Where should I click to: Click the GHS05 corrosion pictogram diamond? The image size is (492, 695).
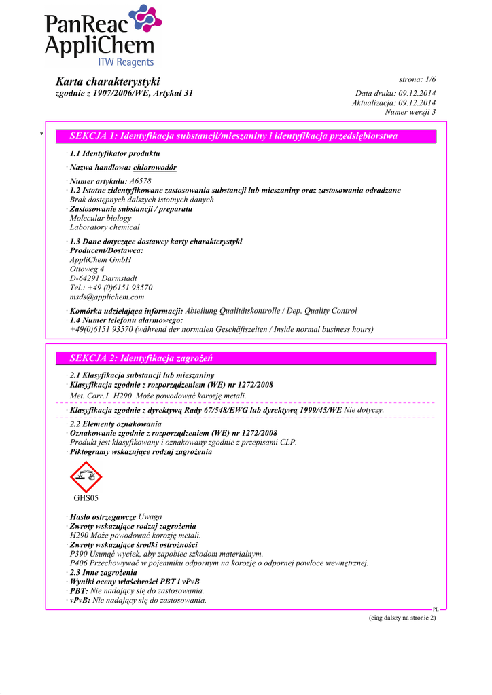click(x=86, y=476)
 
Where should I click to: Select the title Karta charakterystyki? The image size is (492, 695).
click(x=107, y=81)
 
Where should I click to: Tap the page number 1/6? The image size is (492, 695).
click(x=426, y=80)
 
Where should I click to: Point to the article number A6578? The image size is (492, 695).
click(x=140, y=181)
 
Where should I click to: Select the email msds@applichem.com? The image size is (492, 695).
click(x=107, y=297)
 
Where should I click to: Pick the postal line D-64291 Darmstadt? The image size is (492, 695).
click(x=103, y=278)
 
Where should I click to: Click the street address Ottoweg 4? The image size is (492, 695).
click(x=87, y=269)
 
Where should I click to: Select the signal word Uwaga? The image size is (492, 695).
click(x=150, y=516)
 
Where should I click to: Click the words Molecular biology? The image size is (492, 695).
click(x=101, y=218)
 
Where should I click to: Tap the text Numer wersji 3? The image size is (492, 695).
click(x=410, y=112)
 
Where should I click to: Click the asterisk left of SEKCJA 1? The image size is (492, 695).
click(x=42, y=136)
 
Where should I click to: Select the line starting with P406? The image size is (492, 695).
click(x=219, y=563)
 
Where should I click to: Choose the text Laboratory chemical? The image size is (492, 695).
click(x=105, y=227)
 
